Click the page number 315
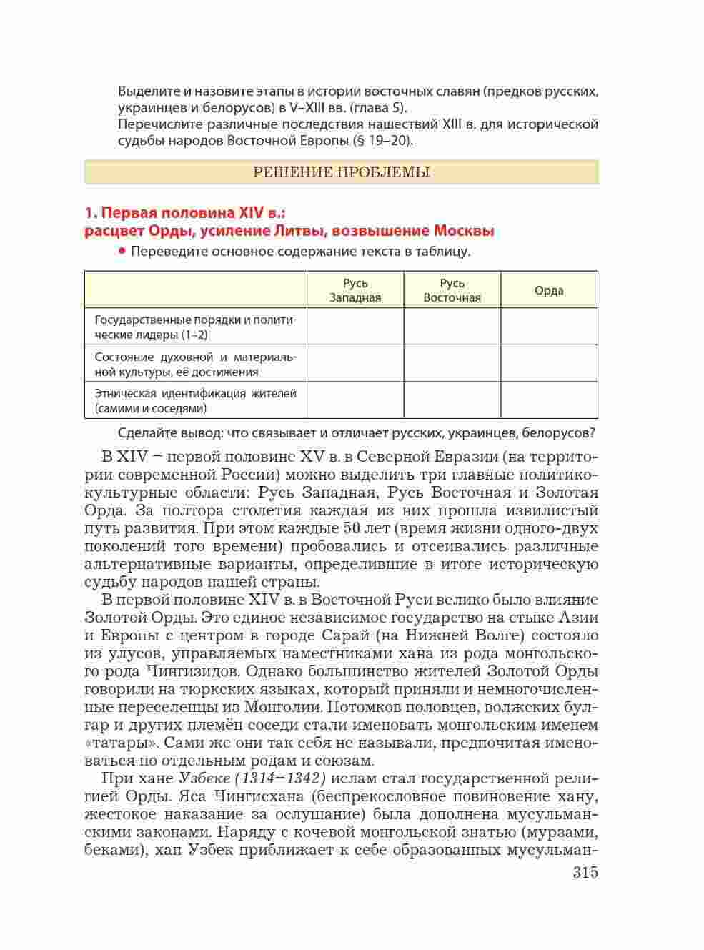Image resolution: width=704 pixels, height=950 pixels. pos(585,873)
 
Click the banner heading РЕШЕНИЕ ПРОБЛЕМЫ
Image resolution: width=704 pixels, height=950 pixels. pos(342,172)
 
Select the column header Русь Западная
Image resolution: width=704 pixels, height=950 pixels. pos(355,290)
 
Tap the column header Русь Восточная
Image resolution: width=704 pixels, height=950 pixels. pos(452,290)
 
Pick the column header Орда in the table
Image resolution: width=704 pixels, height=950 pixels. pos(549,290)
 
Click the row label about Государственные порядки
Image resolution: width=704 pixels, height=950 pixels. pos(195,327)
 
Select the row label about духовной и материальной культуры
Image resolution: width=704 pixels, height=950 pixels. pos(195,364)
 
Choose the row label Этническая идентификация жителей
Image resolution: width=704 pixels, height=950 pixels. pos(195,401)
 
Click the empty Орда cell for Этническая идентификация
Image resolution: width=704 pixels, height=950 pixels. pos(549,400)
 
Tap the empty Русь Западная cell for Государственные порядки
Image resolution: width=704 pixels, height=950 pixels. pos(355,327)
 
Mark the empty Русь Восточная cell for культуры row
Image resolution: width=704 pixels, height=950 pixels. pos(452,363)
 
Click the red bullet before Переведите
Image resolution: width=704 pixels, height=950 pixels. pos(122,251)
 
